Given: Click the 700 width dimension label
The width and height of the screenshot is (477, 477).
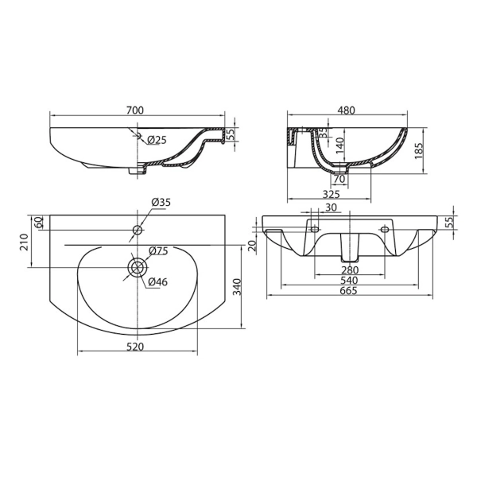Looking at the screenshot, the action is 134,111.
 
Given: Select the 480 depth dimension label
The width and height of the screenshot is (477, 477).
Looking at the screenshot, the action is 347,111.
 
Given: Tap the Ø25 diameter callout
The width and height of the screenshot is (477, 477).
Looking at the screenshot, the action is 157,140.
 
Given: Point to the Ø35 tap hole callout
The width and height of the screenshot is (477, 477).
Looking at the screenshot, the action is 161,202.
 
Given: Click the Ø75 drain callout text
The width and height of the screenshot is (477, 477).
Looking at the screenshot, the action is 158,251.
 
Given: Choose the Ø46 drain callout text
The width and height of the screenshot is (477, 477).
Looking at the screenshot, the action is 158,282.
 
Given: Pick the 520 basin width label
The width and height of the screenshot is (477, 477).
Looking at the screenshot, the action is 135,347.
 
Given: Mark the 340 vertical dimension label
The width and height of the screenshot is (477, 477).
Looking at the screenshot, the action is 237,287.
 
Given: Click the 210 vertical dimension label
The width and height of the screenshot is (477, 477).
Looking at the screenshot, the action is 24,242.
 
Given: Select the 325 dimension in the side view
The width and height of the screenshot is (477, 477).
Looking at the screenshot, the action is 331,194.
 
